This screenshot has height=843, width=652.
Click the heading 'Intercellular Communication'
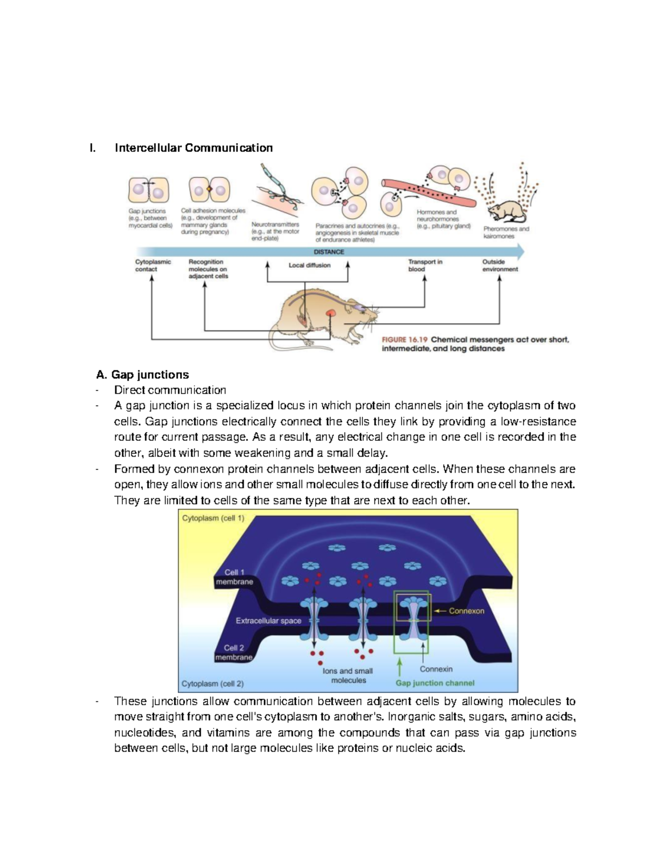tap(193, 148)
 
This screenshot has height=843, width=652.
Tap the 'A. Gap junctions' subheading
tap(142, 375)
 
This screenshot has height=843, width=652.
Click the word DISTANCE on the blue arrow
tap(329, 252)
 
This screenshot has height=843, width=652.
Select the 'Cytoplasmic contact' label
tap(152, 265)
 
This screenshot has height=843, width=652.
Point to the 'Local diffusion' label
tap(309, 265)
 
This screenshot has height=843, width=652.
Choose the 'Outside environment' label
tap(499, 265)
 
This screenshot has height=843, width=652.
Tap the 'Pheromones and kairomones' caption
tap(505, 232)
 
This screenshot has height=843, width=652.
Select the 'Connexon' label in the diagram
tap(466, 611)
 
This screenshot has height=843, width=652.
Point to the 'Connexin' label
tap(436, 669)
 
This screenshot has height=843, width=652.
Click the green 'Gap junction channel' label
tap(435, 683)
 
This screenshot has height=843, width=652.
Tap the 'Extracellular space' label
tap(268, 620)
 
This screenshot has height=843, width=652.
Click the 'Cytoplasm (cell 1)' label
tap(213, 518)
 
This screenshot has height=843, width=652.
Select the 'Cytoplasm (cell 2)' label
tap(212, 684)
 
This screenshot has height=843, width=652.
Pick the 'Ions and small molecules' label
tap(348, 675)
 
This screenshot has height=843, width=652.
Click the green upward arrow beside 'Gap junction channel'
tap(399, 667)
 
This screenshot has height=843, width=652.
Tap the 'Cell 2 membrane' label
tap(234, 652)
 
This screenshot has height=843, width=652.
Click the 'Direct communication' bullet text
tap(170, 390)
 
